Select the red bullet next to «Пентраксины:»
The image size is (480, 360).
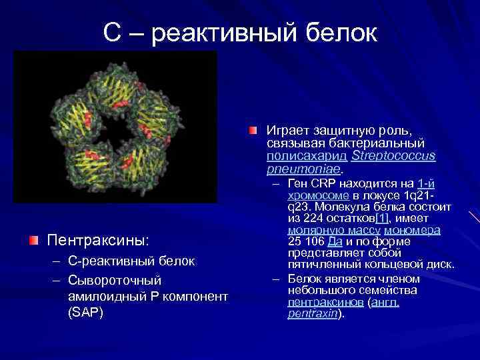pyautogui.click(x=33, y=239)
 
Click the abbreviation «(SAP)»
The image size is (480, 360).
pyautogui.click(x=85, y=312)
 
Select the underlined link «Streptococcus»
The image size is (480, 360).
pyautogui.click(x=393, y=156)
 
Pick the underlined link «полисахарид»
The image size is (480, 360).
pyautogui.click(x=297, y=156)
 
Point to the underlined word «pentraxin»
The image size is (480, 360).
pyautogui.click(x=313, y=314)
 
